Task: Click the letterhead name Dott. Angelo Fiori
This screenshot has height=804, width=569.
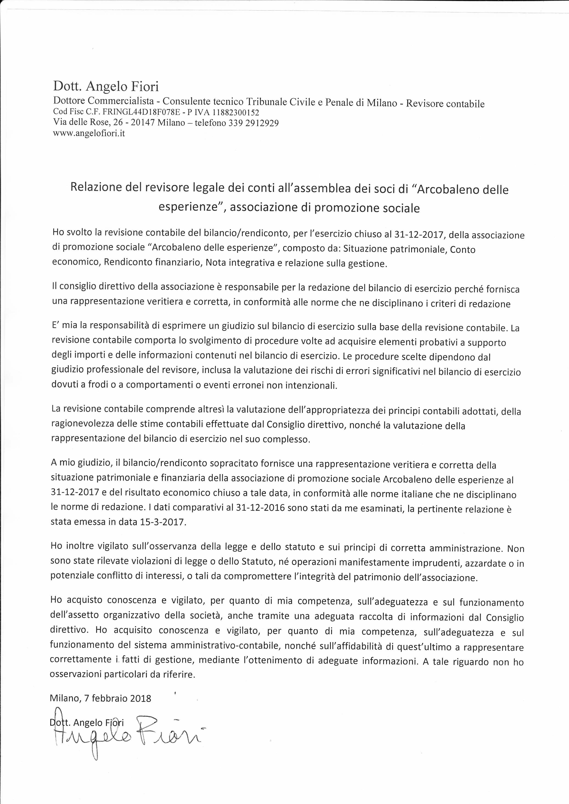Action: pos(106,86)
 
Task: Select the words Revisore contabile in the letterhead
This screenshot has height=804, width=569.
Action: pos(445,104)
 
